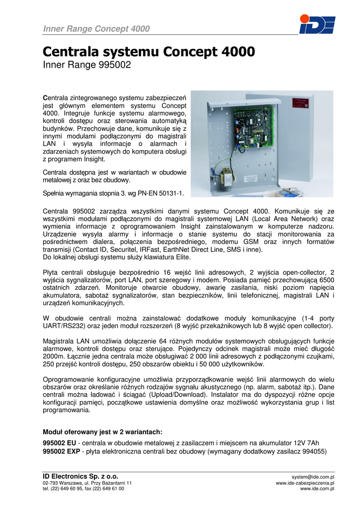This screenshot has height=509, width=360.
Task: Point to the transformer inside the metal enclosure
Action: (224, 175)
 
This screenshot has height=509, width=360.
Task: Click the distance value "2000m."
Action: (55, 357)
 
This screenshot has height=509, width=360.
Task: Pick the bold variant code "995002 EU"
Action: (60, 443)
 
